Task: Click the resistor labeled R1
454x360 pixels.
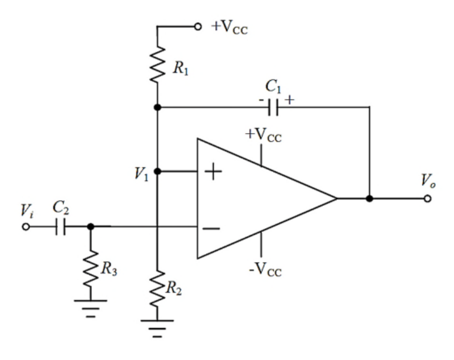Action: point(157,64)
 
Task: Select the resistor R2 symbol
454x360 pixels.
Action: point(157,288)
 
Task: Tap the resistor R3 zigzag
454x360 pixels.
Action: point(90,268)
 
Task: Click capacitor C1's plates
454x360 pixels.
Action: point(273,107)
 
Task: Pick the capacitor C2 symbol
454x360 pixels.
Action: point(60,226)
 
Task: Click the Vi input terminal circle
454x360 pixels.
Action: point(26,227)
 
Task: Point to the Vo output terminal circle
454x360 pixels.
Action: point(427,198)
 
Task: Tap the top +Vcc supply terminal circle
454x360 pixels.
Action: point(198,27)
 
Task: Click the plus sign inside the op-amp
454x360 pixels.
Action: point(213,171)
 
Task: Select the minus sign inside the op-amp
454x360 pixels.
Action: point(211,229)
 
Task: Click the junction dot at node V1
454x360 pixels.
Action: point(157,171)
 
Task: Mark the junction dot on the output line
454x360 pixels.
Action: point(369,198)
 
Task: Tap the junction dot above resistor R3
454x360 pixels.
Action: point(90,226)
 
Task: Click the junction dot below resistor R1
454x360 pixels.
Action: point(157,107)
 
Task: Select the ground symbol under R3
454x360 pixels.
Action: point(90,308)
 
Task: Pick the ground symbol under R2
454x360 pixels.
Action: point(157,328)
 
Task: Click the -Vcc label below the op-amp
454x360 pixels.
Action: point(265,270)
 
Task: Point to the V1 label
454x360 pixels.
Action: point(141,174)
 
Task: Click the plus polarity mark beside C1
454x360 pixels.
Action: point(290,100)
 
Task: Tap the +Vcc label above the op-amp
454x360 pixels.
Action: point(263,135)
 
